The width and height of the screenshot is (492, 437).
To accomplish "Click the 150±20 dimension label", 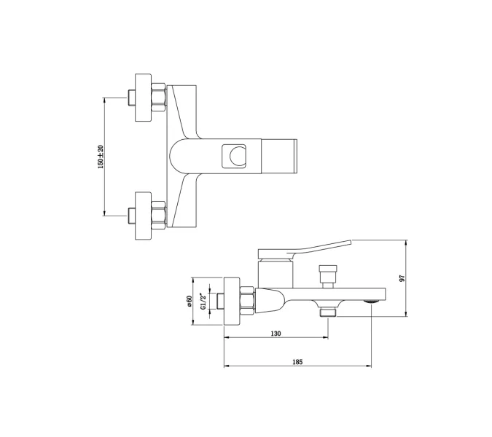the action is click(101, 157).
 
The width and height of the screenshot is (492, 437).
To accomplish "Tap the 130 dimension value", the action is click(276, 334).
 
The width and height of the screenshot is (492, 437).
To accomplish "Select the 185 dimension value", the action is click(297, 362).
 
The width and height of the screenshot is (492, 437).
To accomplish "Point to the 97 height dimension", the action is click(402, 278).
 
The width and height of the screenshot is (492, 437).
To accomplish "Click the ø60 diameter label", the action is click(190, 301).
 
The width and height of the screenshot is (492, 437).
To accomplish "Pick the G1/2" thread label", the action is click(203, 301).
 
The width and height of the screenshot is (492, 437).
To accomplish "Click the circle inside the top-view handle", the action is click(238, 156).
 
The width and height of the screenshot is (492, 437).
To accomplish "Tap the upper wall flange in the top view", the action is click(143, 98).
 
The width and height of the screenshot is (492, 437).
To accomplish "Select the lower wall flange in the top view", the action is click(143, 216).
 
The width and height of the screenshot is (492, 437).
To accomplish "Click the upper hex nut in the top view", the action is click(158, 98).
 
